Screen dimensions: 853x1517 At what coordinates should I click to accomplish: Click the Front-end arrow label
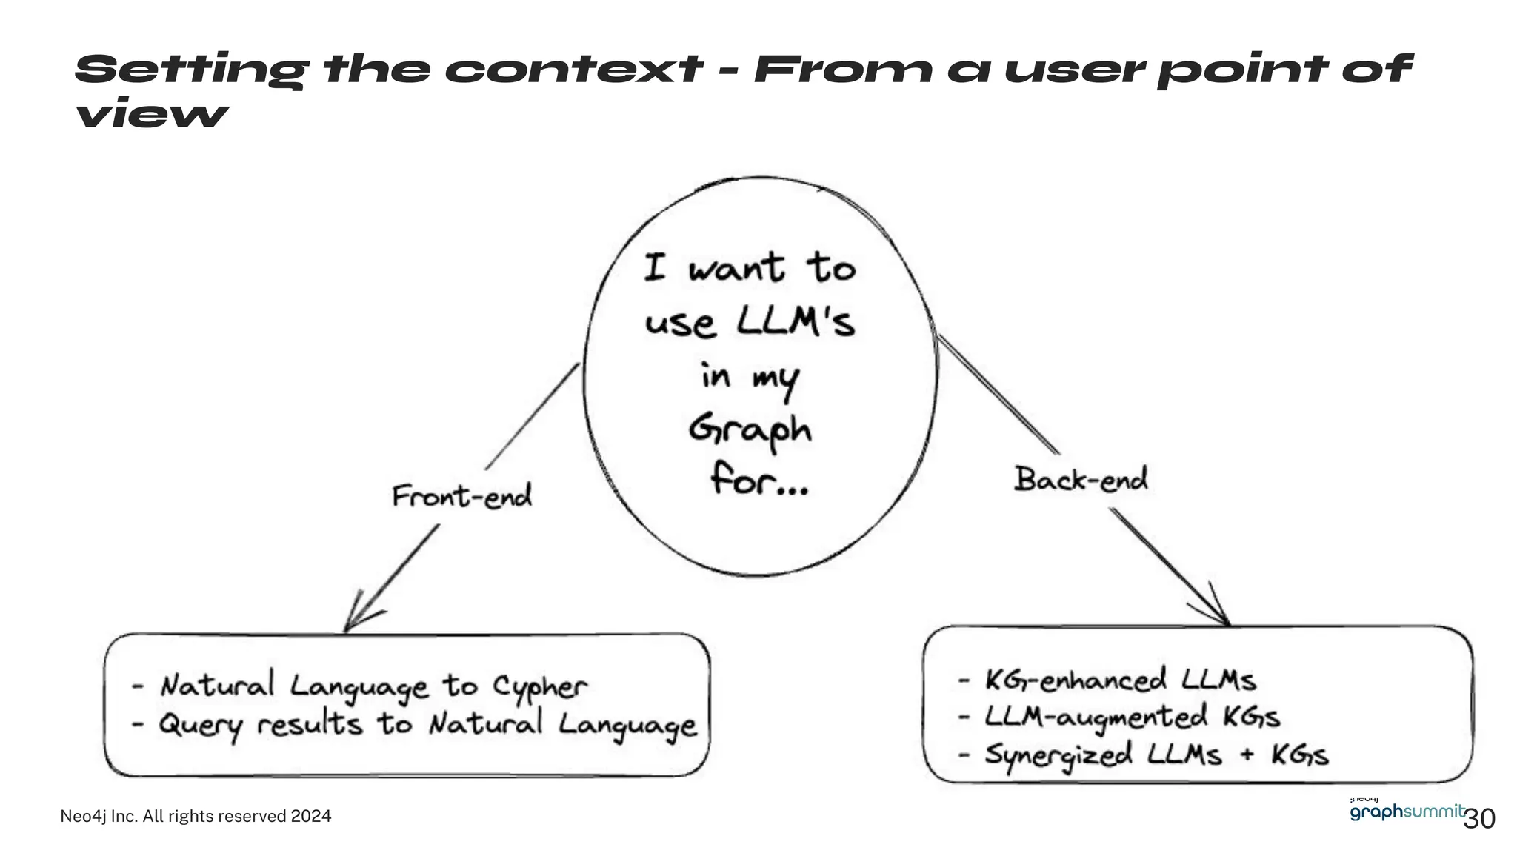(461, 496)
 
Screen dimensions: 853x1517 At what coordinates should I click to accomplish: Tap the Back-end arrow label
(1081, 479)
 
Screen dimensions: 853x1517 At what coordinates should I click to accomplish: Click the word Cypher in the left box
(540, 687)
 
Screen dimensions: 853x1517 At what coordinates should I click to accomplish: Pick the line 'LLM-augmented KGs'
(1131, 717)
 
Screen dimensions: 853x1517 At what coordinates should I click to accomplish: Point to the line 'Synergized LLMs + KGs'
(1156, 755)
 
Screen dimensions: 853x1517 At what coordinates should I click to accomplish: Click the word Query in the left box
(201, 725)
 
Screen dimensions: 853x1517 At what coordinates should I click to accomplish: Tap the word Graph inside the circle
(750, 430)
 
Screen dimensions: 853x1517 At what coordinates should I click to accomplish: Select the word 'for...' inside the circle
(758, 479)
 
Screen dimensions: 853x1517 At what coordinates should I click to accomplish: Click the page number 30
(1479, 819)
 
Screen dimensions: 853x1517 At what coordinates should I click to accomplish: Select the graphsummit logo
(1406, 811)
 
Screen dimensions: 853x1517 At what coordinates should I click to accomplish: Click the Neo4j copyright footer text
(196, 816)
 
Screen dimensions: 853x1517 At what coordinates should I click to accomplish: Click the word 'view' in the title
(151, 114)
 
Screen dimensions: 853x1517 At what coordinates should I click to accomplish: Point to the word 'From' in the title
(842, 70)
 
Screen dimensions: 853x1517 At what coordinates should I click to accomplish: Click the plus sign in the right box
(1247, 755)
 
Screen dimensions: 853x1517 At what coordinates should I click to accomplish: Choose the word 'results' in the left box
(310, 723)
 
